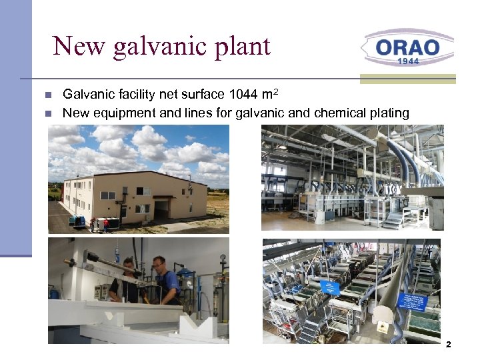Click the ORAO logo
click(x=407, y=48)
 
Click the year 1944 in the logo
click(x=408, y=61)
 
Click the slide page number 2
click(x=448, y=345)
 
